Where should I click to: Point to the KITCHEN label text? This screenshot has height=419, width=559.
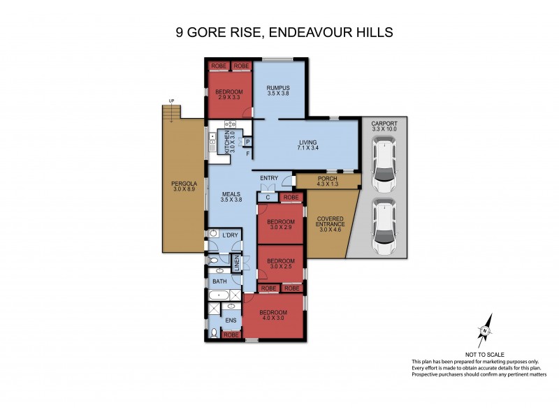coord(227,142)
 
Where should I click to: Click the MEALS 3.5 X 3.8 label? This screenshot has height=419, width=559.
coord(231,197)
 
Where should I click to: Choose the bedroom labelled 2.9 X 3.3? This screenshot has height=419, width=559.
coord(228,96)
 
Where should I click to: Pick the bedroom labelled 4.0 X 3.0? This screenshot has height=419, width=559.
coord(273,315)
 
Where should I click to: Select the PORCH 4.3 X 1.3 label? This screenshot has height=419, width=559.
coord(327,181)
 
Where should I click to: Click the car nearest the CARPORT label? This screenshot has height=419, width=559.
coord(383,166)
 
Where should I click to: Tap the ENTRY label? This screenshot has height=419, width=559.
coord(269,178)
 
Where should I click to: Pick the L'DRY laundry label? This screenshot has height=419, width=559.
coord(230,235)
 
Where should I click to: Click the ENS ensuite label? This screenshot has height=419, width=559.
coord(230,321)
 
